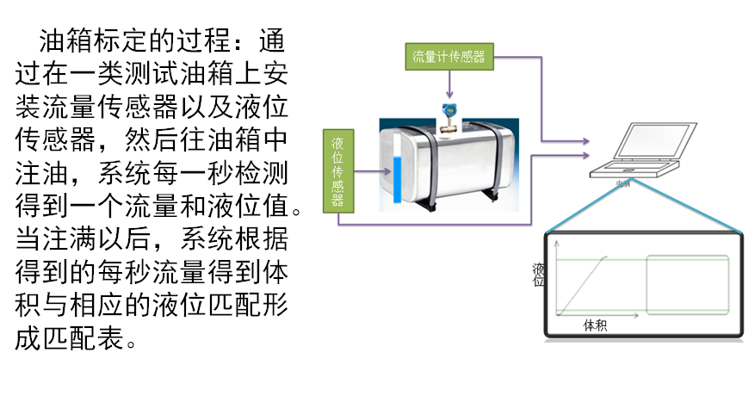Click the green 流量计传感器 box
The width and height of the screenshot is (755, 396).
pyautogui.click(x=448, y=58)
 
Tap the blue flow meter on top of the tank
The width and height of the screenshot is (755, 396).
pyautogui.click(x=448, y=114)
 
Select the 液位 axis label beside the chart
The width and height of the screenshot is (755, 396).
pyautogui.click(x=539, y=275)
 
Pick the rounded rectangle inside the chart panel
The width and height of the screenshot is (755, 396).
pyautogui.click(x=688, y=284)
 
